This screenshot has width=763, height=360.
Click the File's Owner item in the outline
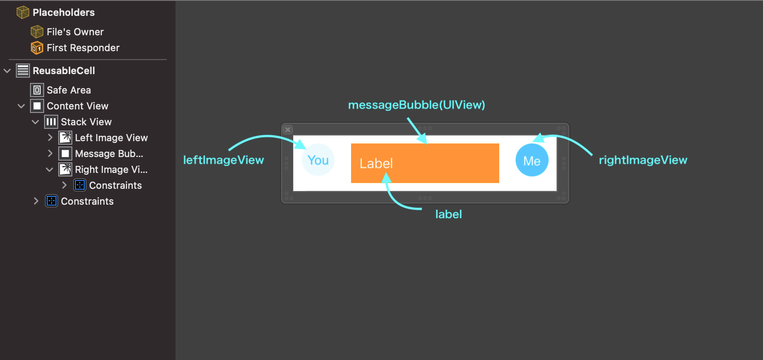coord(75,32)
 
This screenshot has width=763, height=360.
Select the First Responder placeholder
coord(83,48)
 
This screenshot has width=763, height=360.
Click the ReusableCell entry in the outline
coord(64,71)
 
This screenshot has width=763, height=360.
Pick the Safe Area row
coord(69,90)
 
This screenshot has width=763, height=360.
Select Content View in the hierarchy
coord(78,106)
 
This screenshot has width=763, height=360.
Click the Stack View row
coord(86,122)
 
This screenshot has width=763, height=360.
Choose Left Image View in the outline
coord(111,138)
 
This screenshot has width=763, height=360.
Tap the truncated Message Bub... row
coord(109,154)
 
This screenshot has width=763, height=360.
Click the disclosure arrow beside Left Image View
coord(50,138)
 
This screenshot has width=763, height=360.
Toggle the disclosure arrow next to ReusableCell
coord(7,71)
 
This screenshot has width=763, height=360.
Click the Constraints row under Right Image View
coord(115,185)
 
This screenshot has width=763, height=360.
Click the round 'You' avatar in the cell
coord(318,160)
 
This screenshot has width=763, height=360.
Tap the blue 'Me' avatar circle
coord(532,160)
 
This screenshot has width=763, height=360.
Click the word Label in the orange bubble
coord(376,164)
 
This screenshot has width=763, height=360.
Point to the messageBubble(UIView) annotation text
coord(416,105)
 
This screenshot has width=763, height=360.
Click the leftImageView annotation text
coord(224,160)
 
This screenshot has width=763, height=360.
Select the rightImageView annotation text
coord(643,160)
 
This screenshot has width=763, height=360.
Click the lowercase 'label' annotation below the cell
coord(449,214)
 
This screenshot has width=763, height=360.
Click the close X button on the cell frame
coord(288,130)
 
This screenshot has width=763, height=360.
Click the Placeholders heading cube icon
coord(23,12)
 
